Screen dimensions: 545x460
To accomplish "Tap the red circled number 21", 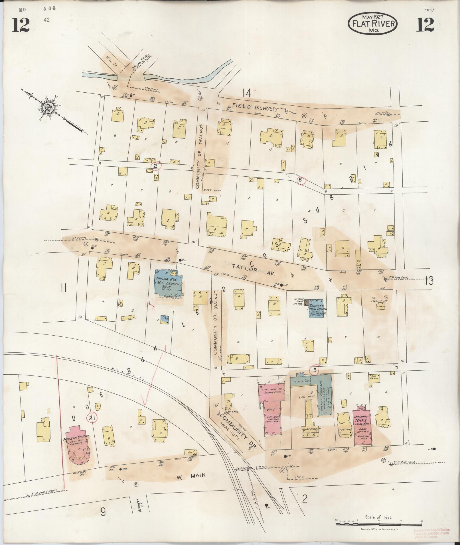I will tap(92, 418).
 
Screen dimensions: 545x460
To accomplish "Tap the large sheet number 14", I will tap(246, 93).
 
